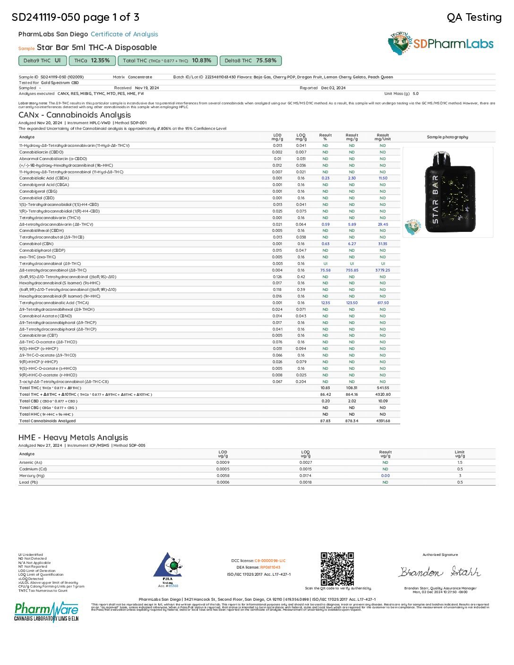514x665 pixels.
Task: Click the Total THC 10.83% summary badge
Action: [167, 60]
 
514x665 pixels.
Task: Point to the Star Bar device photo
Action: [449, 192]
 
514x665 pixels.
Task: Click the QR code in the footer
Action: [337, 569]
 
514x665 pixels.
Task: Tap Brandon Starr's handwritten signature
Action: [439, 572]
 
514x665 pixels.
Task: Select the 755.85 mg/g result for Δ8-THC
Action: [352, 270]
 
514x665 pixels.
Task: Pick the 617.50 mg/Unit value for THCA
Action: [383, 303]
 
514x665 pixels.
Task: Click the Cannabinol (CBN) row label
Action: [36, 244]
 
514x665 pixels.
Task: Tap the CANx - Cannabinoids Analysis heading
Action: [75, 115]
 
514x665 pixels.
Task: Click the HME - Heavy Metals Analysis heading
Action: [73, 437]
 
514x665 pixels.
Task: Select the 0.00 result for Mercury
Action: [385, 476]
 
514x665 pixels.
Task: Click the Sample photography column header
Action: [447, 137]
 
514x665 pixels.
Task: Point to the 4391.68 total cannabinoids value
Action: [383, 421]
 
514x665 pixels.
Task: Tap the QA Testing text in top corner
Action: [474, 17]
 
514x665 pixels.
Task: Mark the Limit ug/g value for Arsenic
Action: [460, 462]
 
